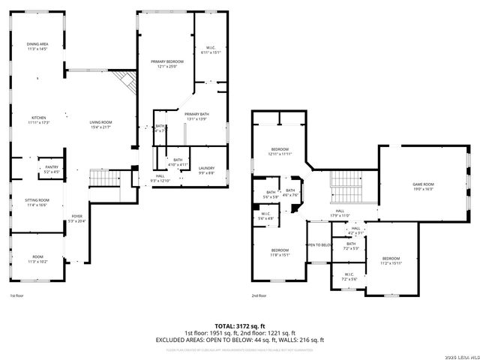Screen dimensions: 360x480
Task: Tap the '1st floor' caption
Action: pos(16,295)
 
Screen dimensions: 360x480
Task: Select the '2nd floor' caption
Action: pos(259,295)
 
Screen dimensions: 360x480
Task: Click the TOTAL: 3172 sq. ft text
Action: pos(239,325)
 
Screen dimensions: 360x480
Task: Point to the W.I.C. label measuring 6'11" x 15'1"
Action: pos(208,50)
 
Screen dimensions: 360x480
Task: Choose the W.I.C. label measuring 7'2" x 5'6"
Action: pos(349,277)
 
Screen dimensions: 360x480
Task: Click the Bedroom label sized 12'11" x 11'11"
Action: pos(280,151)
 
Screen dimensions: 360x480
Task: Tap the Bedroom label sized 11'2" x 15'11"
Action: pos(391,260)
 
